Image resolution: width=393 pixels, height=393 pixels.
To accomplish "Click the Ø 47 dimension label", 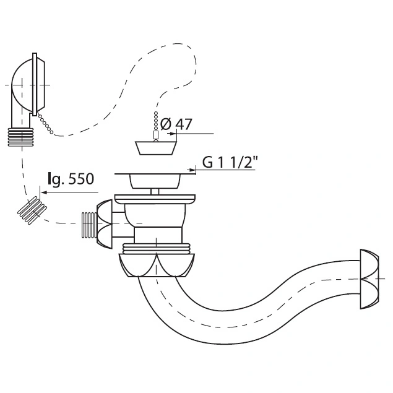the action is point(176,124).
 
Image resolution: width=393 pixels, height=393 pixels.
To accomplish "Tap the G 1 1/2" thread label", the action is point(230,162).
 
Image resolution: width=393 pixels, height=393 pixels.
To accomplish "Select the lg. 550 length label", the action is point(71,179).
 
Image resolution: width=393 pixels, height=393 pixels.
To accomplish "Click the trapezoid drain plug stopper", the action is point(155,148).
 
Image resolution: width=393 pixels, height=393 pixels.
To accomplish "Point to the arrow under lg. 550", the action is point(69,192).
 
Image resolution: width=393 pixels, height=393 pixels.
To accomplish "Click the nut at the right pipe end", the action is point(369,279).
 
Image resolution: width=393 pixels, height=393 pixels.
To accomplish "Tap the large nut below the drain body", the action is point(157,265).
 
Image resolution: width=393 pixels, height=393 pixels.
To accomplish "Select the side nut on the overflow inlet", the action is point(104,224).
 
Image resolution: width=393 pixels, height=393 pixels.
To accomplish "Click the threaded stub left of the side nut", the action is point(89,225).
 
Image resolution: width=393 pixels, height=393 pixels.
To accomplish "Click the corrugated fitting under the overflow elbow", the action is point(20,137).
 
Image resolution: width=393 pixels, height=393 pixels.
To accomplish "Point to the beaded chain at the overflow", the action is point(45,123).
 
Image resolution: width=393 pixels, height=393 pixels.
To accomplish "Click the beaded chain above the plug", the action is point(156,122).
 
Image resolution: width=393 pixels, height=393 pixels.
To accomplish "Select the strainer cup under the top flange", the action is point(155,181).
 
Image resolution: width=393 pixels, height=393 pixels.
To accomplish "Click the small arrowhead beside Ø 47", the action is point(172,134).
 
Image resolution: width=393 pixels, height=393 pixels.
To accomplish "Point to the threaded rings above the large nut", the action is point(156,248).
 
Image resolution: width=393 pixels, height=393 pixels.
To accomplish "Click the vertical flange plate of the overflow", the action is point(35,84).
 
